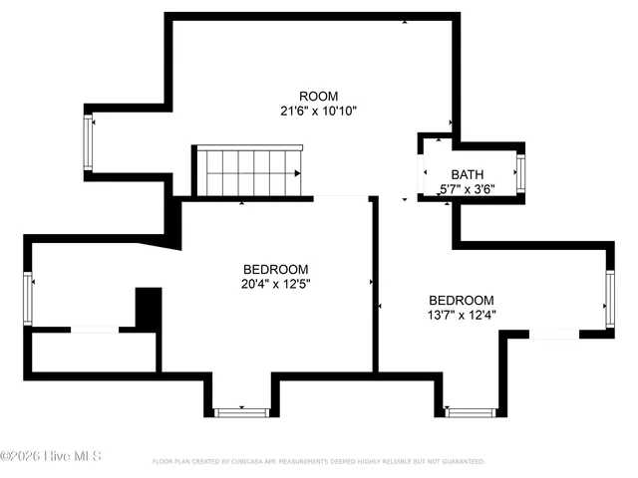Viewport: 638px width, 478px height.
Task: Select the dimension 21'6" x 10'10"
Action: point(318,112)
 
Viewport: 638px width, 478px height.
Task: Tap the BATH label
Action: point(468,173)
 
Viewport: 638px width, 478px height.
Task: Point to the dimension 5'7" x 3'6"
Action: point(468,188)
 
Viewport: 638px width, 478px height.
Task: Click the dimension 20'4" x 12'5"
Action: point(275,285)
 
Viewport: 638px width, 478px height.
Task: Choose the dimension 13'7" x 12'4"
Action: point(461,315)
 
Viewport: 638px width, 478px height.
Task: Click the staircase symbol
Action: point(248,172)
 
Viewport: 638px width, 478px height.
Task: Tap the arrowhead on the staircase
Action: point(297,173)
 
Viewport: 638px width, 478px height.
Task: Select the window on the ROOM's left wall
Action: point(88,141)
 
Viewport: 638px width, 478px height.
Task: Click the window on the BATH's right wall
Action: point(519,172)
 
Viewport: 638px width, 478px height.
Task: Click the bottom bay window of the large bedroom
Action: point(241,411)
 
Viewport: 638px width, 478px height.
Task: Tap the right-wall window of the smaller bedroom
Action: point(609,299)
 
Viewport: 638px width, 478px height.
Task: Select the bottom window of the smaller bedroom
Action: point(470,411)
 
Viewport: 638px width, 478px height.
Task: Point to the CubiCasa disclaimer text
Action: point(318,462)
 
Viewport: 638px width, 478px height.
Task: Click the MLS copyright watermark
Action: point(51,457)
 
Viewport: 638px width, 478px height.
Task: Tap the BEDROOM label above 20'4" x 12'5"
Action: point(275,269)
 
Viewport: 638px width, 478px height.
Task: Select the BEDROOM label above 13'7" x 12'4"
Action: point(461,300)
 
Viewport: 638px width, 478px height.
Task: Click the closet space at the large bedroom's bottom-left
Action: point(94,352)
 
